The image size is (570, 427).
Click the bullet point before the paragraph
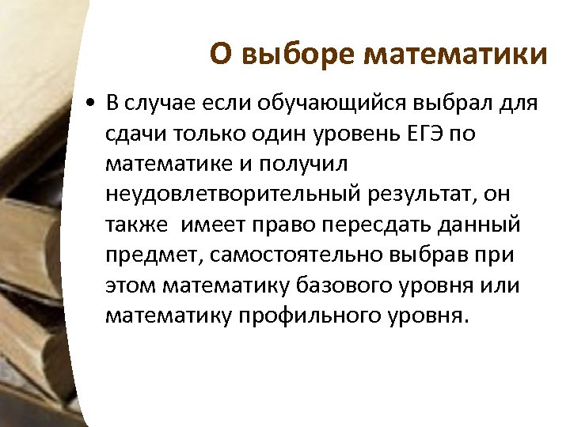pos(93,104)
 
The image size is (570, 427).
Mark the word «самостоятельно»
pos(291,255)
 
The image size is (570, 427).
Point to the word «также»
pos(136,224)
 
